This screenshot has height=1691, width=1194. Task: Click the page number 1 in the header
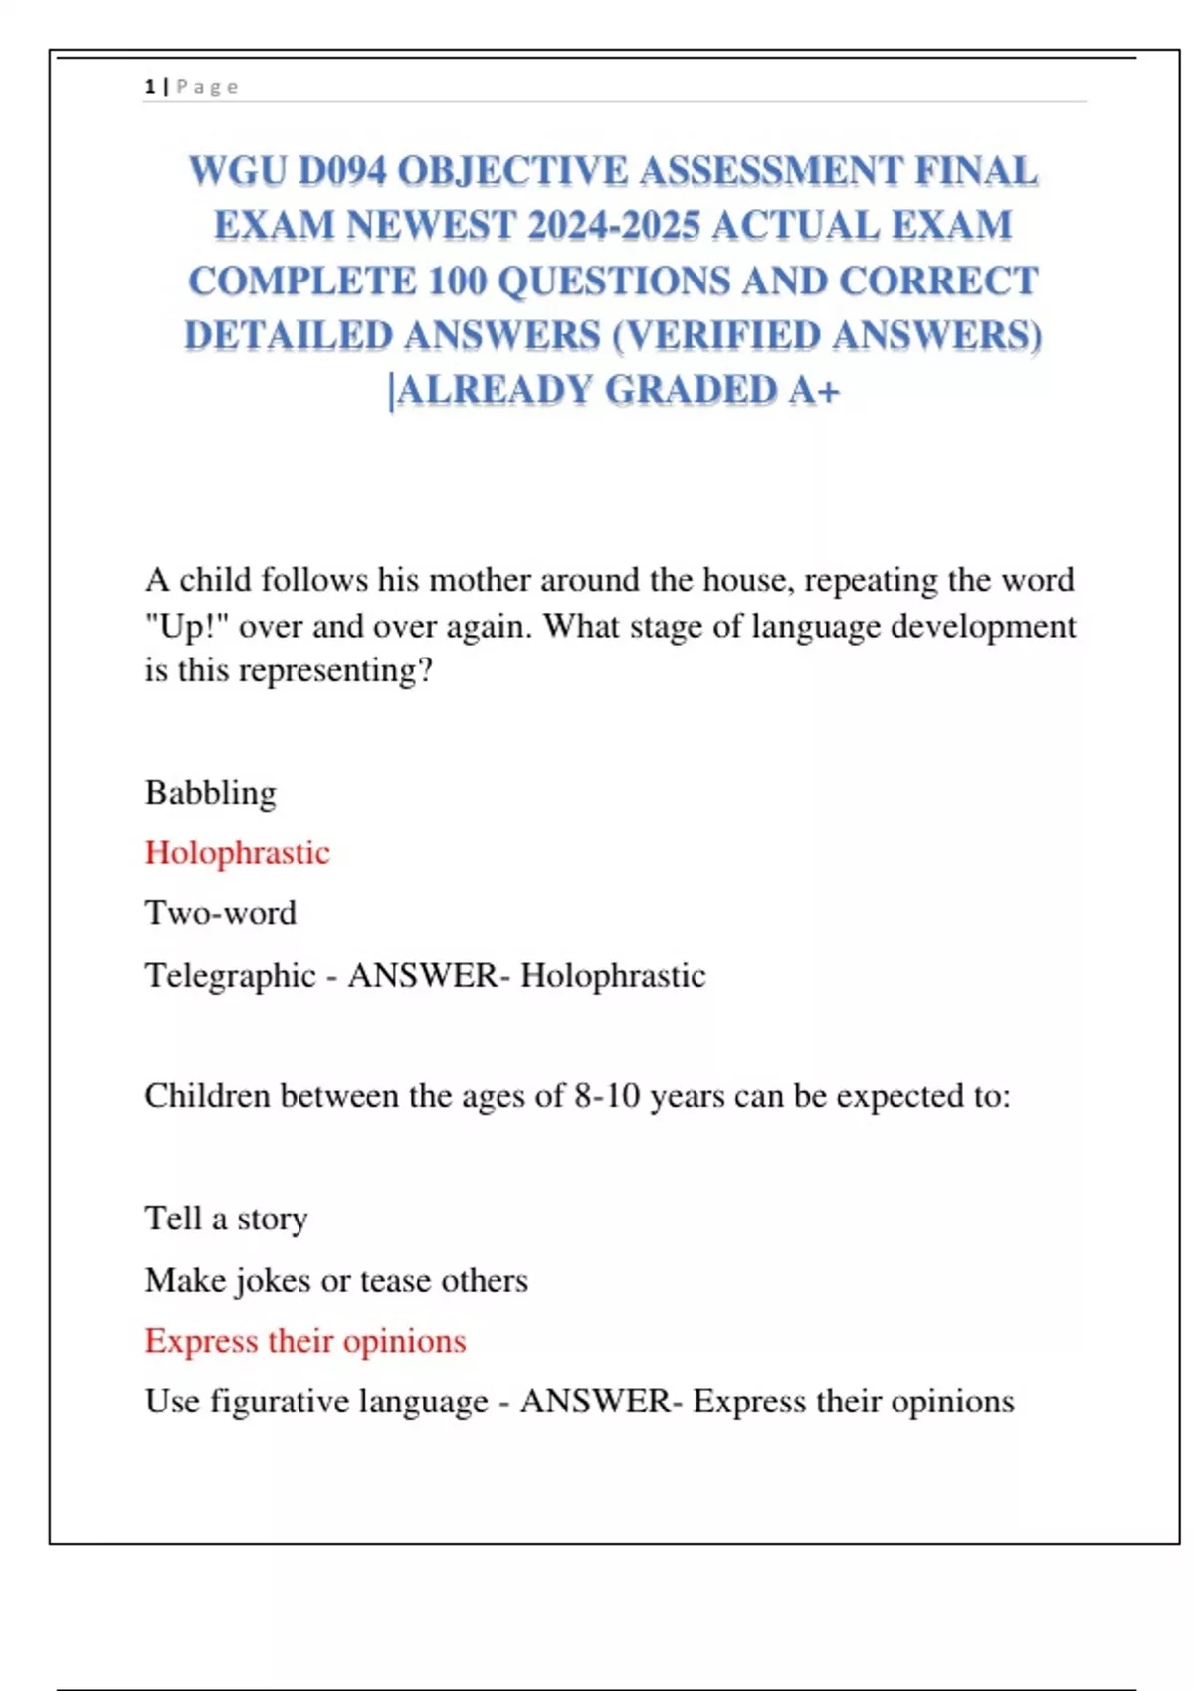pos(149,87)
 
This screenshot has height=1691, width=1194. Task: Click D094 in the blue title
pos(341,171)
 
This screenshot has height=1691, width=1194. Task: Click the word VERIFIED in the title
pos(725,336)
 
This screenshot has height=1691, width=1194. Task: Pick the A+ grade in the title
pos(815,391)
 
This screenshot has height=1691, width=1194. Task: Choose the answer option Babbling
pos(211,793)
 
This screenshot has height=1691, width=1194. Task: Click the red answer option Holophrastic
pos(237,853)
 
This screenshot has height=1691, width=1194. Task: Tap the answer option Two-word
pos(221,913)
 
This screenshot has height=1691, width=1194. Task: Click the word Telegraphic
pos(230,976)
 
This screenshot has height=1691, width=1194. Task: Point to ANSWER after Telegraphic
pos(422,976)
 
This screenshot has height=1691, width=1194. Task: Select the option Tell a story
pos(226,1219)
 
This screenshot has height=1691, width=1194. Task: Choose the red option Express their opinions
pos(305,1341)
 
